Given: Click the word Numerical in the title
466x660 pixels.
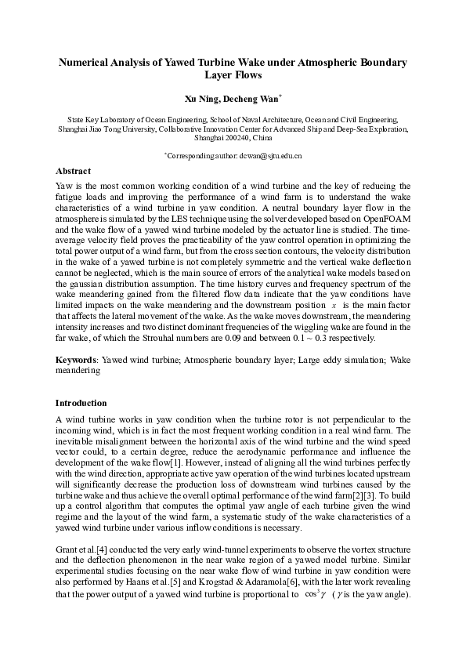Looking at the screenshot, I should [x=87, y=62].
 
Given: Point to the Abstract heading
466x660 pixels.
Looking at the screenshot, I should [x=73, y=171].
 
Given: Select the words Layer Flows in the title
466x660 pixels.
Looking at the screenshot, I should [x=233, y=76].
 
